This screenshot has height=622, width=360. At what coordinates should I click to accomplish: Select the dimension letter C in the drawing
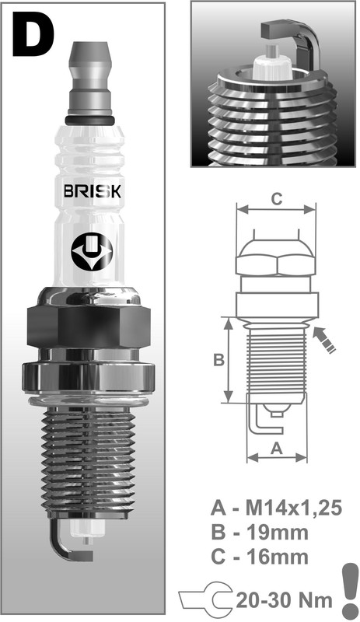click(276, 198)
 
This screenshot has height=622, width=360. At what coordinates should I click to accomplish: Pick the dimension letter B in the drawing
click(219, 360)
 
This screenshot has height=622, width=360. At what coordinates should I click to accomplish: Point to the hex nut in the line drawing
click(276, 261)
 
